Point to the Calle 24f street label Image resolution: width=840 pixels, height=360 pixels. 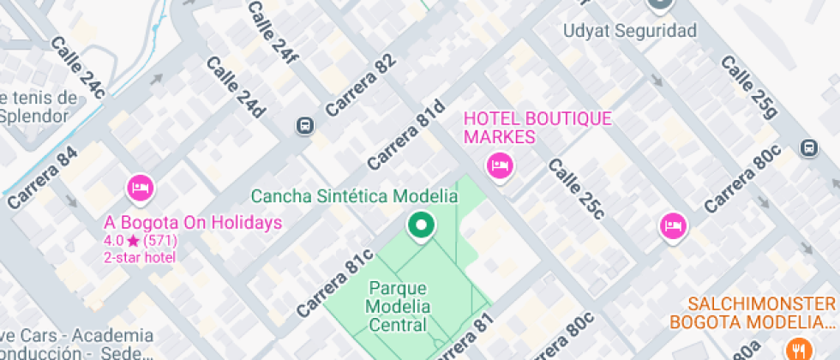click(273, 33)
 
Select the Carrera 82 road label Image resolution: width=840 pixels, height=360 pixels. click(361, 85)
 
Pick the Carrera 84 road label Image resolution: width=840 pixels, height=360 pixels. click(42, 179)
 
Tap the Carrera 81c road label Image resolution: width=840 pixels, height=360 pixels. click(335, 283)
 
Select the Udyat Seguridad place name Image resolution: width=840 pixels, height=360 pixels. click(629, 31)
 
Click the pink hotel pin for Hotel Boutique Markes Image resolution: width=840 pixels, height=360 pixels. click(498, 165)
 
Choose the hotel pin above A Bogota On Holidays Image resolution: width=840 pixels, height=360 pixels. click(140, 187)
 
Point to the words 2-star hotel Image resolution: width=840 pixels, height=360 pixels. click(140, 257)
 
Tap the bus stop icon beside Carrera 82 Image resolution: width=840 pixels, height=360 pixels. click(303, 126)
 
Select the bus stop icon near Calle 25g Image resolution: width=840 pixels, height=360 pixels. click(808, 147)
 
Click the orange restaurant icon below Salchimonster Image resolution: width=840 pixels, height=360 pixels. click(798, 349)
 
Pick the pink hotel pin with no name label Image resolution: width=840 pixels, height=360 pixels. click(674, 226)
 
